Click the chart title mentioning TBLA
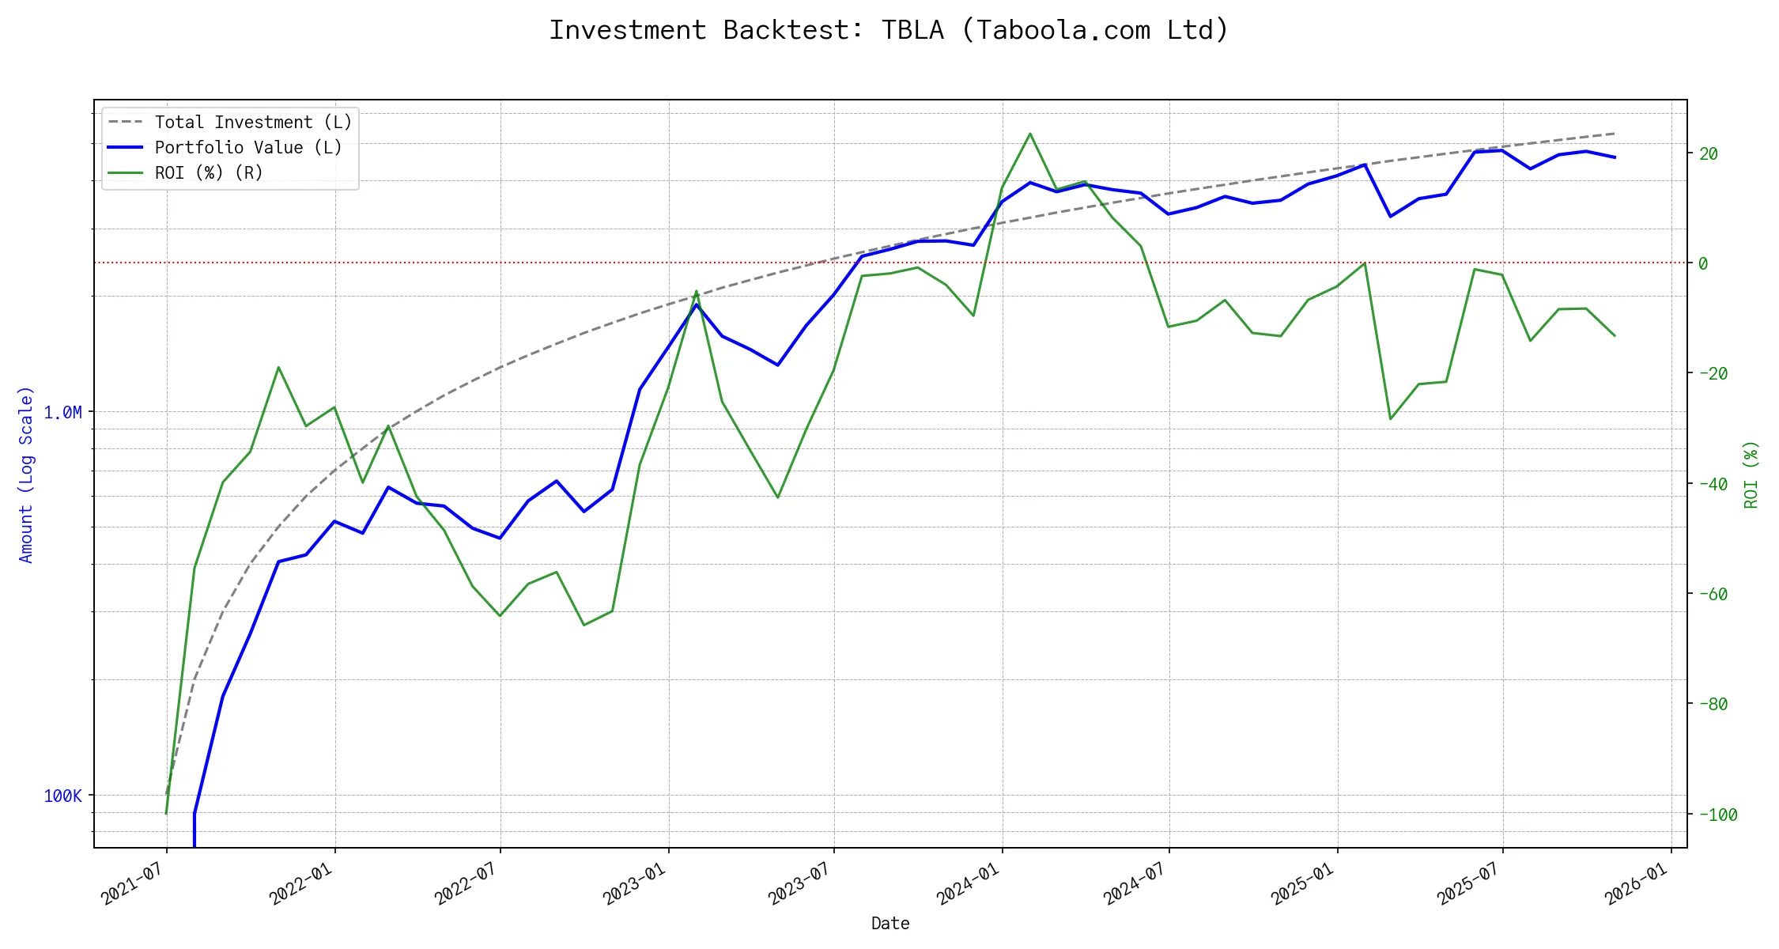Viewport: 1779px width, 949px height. tap(889, 30)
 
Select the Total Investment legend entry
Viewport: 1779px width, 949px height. tap(252, 123)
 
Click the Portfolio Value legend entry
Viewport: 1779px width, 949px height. tap(247, 148)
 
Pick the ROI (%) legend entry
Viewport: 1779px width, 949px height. tap(208, 173)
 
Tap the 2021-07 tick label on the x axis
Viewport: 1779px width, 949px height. tap(133, 883)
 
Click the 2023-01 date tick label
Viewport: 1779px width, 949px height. tap(634, 883)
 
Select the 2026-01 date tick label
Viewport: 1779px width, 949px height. tap(1636, 883)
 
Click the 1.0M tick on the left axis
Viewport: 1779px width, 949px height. tap(62, 413)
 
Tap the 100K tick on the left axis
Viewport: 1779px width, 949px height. tap(62, 796)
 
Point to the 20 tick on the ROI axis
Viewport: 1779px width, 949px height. tap(1708, 153)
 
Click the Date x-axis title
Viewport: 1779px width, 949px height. tap(890, 924)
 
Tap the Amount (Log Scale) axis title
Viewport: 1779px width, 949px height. tap(26, 475)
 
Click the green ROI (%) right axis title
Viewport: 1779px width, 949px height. tap(1751, 475)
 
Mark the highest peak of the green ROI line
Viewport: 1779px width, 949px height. tap(1029, 134)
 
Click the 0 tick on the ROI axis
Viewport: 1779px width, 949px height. tap(1703, 263)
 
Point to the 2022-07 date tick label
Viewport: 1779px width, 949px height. tap(466, 883)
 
